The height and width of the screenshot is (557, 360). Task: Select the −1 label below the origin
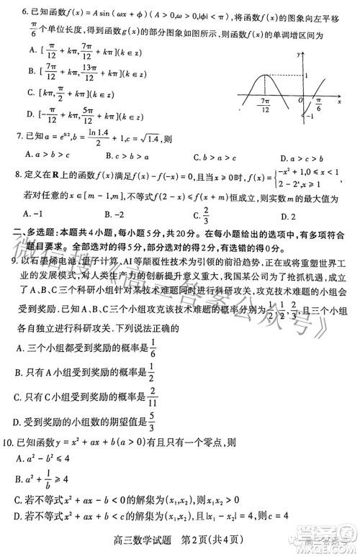click(310, 116)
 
